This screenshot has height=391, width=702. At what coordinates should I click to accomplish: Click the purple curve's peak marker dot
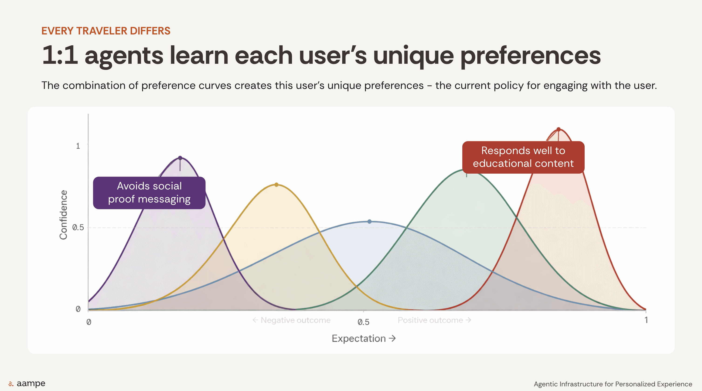(180, 158)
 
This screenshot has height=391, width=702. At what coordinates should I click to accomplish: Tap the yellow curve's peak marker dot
(276, 185)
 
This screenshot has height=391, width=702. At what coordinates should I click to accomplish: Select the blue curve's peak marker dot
(369, 222)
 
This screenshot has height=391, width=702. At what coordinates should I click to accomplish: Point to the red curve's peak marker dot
(558, 129)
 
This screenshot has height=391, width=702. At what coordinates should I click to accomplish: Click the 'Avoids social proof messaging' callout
(149, 193)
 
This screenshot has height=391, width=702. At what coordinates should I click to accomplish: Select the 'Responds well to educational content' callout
(523, 157)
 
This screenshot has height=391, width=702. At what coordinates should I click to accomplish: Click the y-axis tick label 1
(78, 146)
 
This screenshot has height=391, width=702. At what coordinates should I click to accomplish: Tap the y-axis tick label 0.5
(78, 227)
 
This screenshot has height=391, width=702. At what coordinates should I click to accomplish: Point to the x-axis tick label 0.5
(363, 322)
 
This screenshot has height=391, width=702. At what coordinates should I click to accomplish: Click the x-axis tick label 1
(646, 320)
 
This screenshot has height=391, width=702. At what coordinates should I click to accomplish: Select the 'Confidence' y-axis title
(63, 215)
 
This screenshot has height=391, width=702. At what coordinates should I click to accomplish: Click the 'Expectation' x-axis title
(364, 338)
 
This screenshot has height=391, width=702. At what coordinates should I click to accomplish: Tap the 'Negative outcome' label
(291, 320)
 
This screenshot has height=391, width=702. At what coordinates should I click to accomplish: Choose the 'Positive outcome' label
(434, 320)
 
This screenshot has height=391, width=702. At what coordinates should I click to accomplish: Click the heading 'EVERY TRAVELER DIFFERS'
(106, 31)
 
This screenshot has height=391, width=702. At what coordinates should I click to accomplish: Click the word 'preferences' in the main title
(530, 56)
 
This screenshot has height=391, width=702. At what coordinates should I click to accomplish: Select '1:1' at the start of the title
(60, 55)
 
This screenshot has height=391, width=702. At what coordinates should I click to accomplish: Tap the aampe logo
(27, 384)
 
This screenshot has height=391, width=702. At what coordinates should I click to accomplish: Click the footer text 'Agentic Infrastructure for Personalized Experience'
(613, 384)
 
